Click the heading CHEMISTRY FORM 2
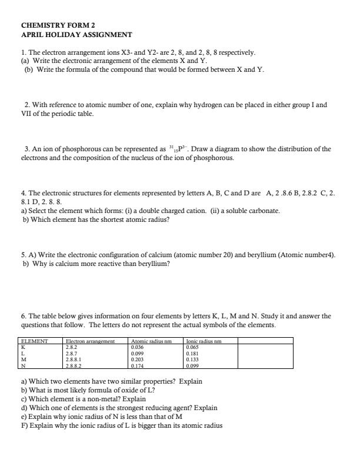pyautogui.click(x=58, y=25)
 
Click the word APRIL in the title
pyautogui.click(x=35, y=35)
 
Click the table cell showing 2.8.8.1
pyautogui.click(x=75, y=358)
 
